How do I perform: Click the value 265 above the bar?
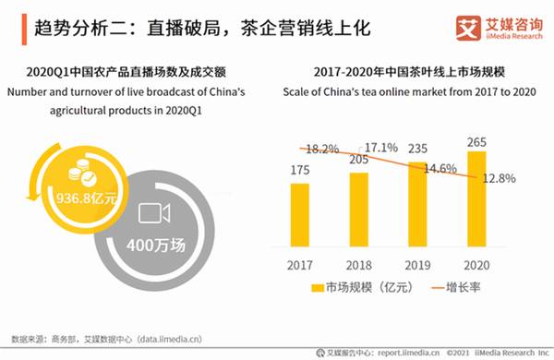476,141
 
